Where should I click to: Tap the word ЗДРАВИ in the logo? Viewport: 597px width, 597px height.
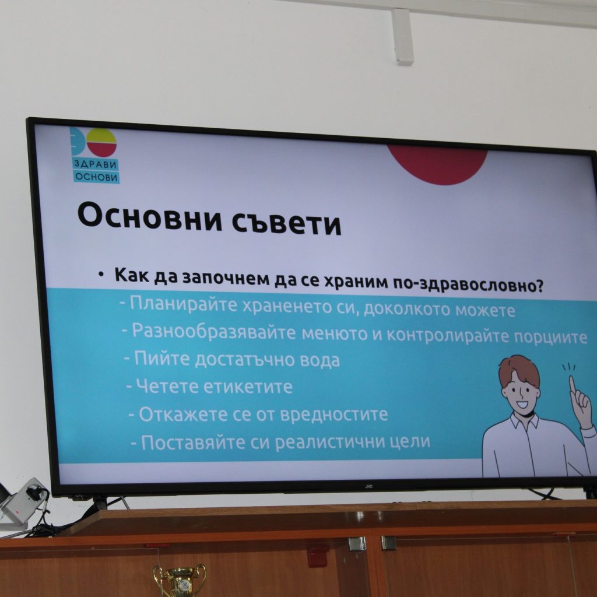pyautogui.click(x=95, y=164)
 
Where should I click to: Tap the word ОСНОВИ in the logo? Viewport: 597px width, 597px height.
pyautogui.click(x=96, y=177)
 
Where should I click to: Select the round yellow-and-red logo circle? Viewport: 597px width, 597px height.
pyautogui.click(x=101, y=142)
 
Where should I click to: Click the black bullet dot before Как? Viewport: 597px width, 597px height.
pyautogui.click(x=101, y=274)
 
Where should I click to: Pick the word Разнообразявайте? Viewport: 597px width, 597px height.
pyautogui.click(x=214, y=331)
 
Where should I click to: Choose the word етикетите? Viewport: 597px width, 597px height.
pyautogui.click(x=248, y=387)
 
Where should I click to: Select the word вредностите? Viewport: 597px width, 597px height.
pyautogui.click(x=333, y=415)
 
